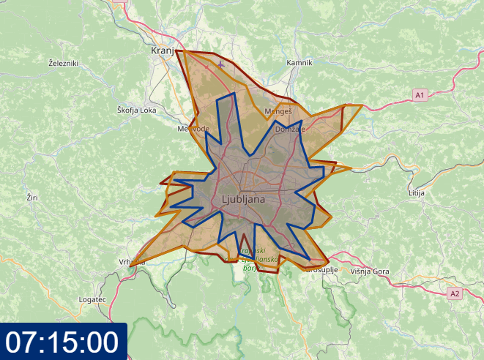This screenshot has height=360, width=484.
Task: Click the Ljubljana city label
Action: [x=243, y=198]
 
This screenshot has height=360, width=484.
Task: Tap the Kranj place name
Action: [x=162, y=50]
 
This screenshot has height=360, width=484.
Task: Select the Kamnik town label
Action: [x=299, y=63]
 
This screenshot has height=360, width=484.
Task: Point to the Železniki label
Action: [x=63, y=64]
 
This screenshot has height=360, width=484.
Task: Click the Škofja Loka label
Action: [x=137, y=110]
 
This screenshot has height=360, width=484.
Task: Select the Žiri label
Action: [x=32, y=198]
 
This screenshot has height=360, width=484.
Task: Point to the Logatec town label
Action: [x=93, y=300]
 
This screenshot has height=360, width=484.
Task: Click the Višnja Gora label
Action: [x=370, y=271]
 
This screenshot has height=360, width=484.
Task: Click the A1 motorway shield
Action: [x=420, y=95]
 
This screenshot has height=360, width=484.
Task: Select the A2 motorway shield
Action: [x=455, y=293]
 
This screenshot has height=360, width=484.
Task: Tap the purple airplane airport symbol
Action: [x=221, y=64]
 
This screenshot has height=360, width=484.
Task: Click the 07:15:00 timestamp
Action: [x=63, y=342]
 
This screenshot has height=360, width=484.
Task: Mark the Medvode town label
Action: [x=193, y=128]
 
